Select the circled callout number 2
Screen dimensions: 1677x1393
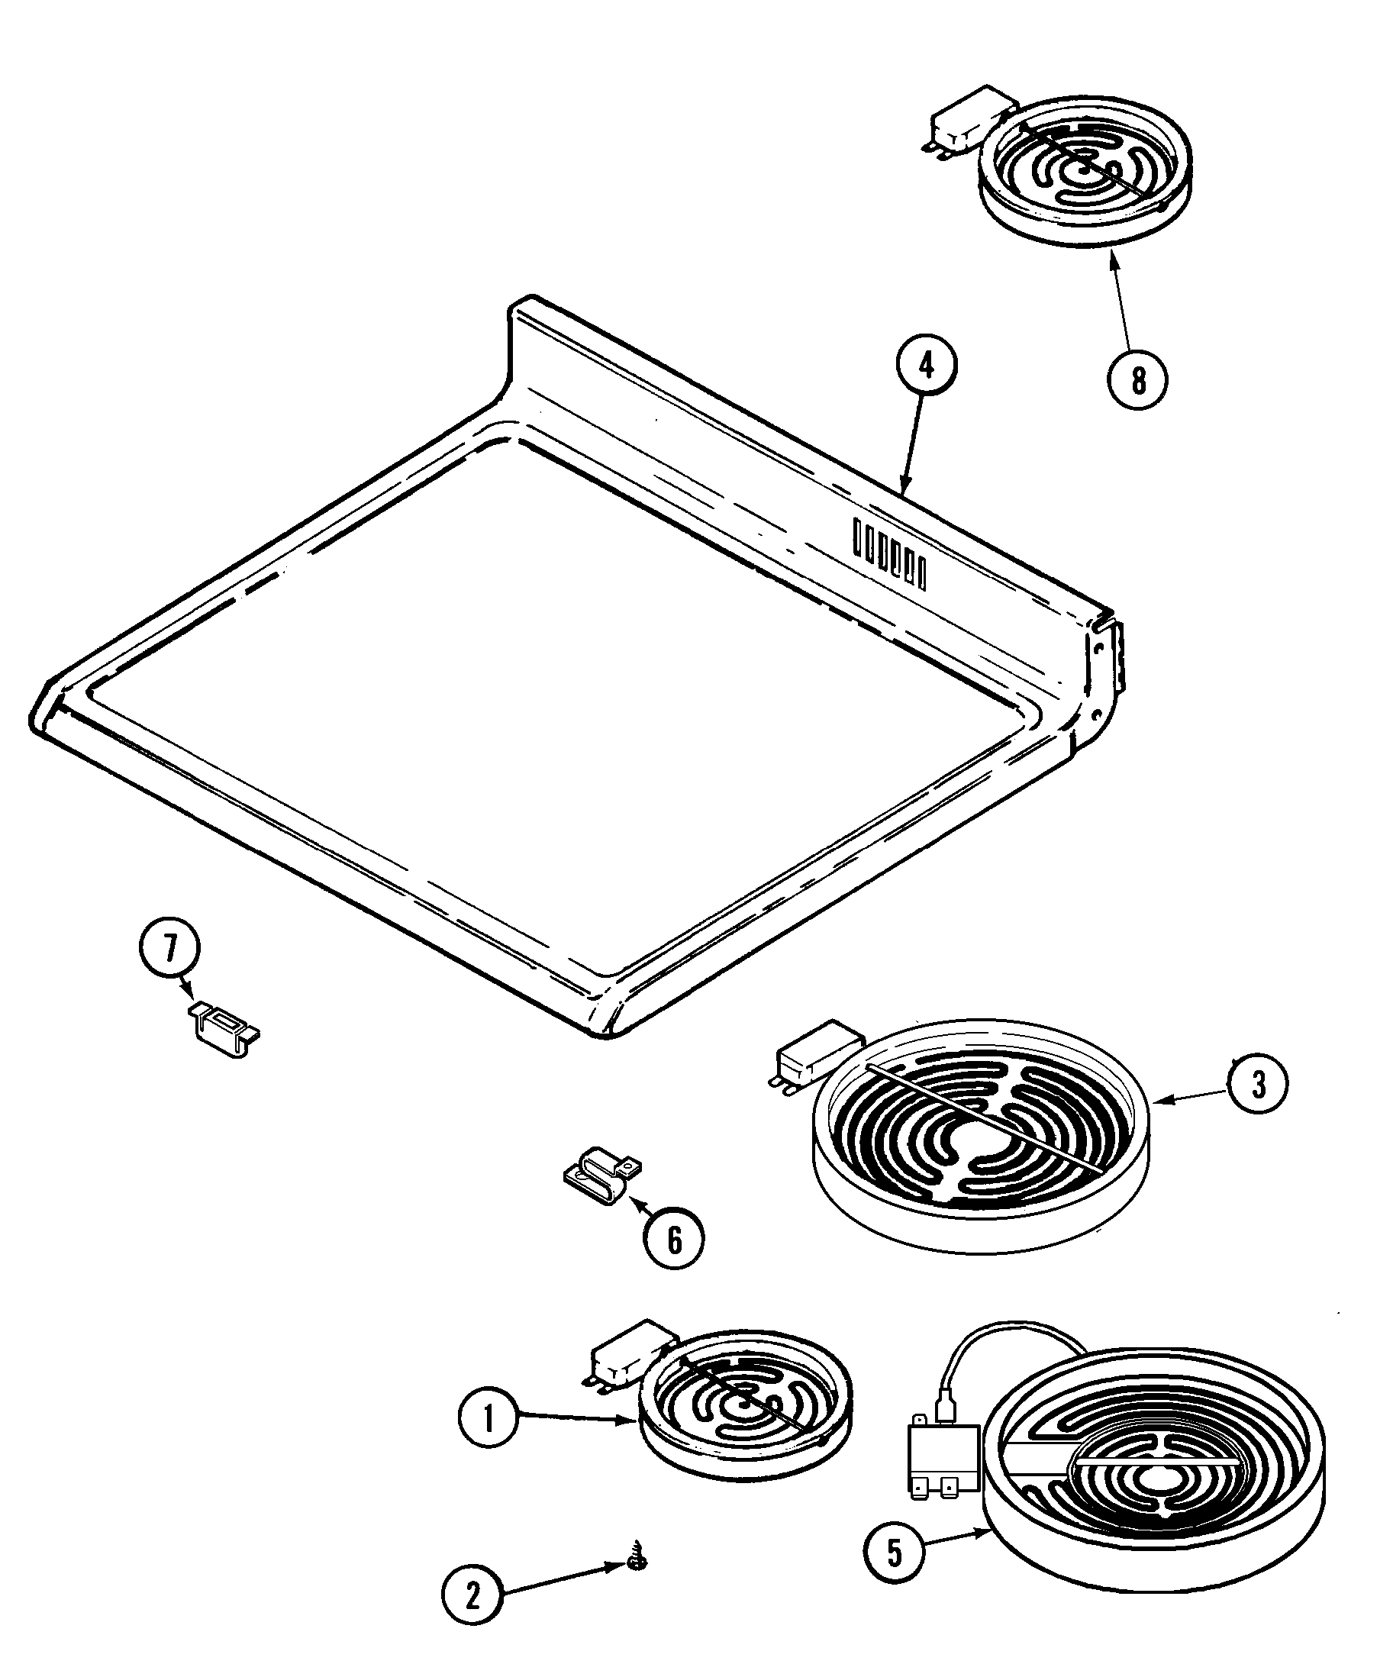tap(472, 1595)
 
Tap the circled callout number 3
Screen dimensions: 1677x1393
tap(1257, 1085)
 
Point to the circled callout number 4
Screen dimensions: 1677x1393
tap(926, 366)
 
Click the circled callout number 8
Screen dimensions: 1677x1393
tap(1137, 380)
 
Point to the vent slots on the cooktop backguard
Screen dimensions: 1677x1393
tap(889, 553)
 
